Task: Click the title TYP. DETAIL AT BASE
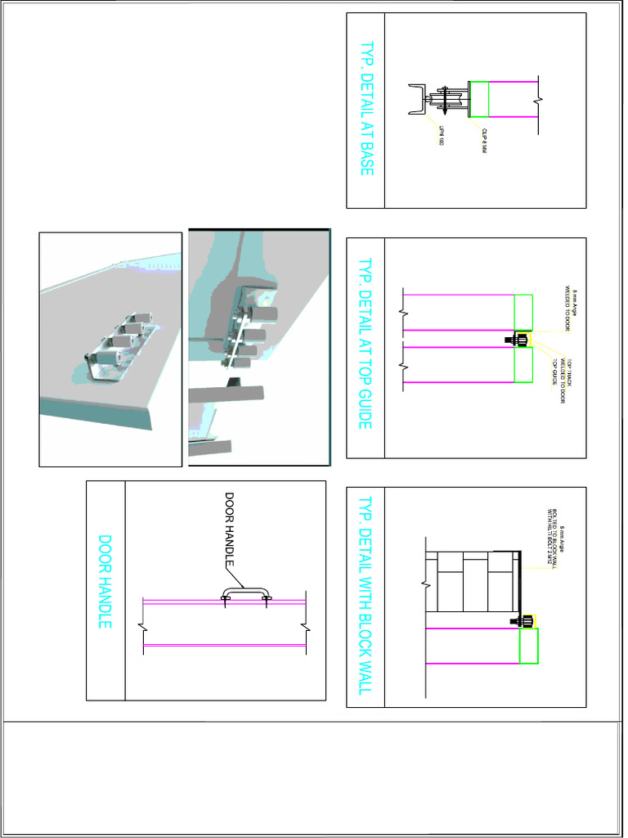pyautogui.click(x=366, y=109)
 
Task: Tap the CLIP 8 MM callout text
pyautogui.click(x=484, y=141)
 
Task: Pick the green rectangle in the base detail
pyautogui.click(x=478, y=99)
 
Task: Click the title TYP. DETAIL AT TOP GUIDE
pyautogui.click(x=366, y=345)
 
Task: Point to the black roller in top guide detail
pyautogui.click(x=518, y=339)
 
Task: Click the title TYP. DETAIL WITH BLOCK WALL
pyautogui.click(x=366, y=596)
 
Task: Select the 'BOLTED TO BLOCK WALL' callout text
pyautogui.click(x=555, y=541)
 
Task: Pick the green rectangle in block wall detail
pyautogui.click(x=529, y=646)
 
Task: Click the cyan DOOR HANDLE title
pyautogui.click(x=105, y=582)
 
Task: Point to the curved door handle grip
pyautogui.click(x=245, y=594)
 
